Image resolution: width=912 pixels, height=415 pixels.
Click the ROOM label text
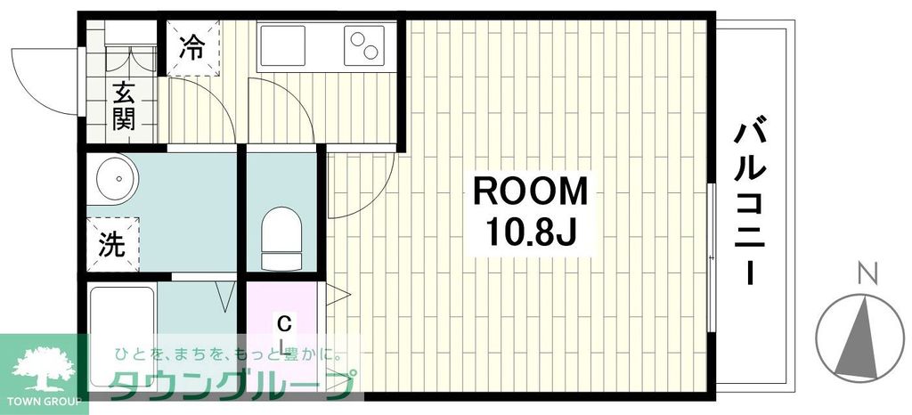point(530,191)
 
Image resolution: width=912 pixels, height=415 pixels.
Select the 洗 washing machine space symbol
point(112,244)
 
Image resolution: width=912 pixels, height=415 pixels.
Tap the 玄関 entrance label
point(123,105)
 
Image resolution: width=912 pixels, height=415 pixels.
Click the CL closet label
point(283,331)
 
